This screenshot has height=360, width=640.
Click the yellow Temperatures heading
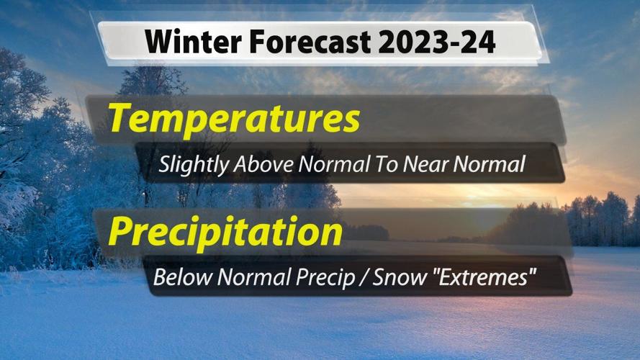tap(234, 118)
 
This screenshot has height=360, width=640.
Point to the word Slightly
tap(193, 165)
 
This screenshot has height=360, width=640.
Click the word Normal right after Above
tap(329, 165)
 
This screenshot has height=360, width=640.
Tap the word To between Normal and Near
tap(384, 165)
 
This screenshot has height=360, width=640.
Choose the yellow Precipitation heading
tap(225, 232)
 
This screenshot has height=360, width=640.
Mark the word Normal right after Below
tap(251, 276)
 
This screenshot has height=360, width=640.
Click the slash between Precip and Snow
tap(364, 277)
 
